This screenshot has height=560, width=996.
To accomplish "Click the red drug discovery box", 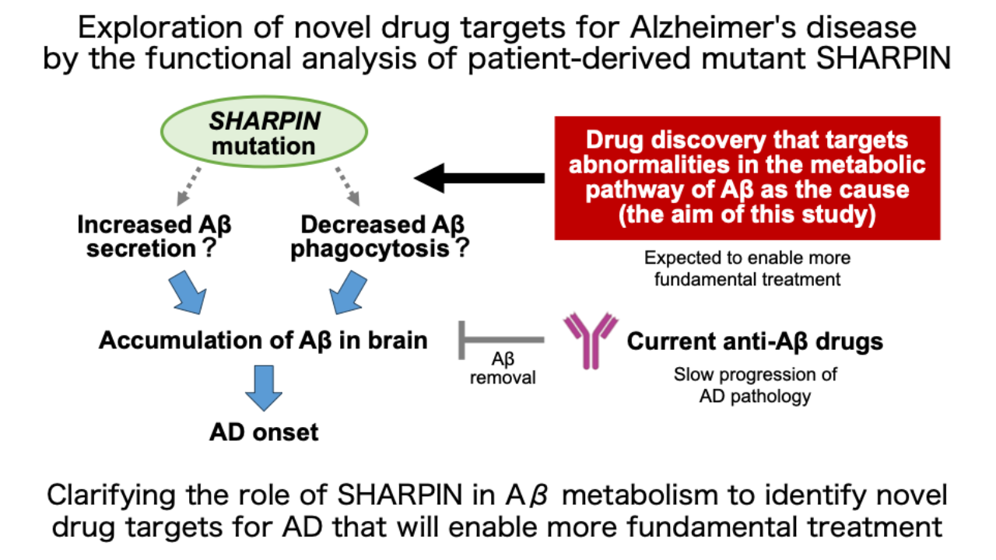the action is [x=747, y=178].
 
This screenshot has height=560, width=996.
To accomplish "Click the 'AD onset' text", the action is [x=265, y=432].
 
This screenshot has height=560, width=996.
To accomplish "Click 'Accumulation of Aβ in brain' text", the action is [x=264, y=341].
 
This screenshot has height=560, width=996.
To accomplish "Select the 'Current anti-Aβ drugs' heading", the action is [x=755, y=341].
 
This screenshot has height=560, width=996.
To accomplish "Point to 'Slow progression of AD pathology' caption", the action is [x=755, y=385].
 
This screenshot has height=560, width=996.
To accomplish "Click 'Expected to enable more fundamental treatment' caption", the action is [x=747, y=268].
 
